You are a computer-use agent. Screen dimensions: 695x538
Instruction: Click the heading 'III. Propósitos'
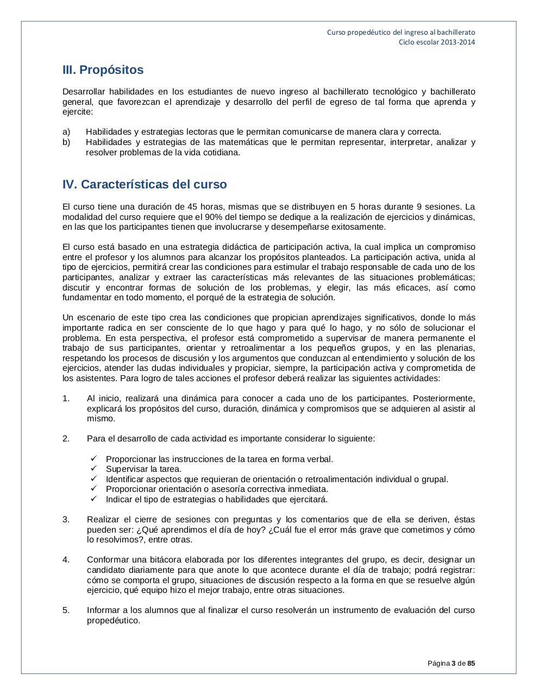pyautogui.click(x=103, y=70)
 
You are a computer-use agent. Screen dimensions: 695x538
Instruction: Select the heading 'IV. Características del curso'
pyautogui.click(x=145, y=185)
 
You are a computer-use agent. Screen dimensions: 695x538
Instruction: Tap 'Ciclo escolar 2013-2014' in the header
pyautogui.click(x=437, y=42)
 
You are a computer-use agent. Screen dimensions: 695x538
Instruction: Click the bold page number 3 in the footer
pyautogui.click(x=453, y=663)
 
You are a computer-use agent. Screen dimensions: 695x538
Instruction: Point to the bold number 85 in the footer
pyautogui.click(x=471, y=663)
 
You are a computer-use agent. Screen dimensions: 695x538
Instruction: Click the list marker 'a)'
pyautogui.click(x=66, y=132)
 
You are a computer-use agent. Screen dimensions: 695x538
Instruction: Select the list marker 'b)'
pyautogui.click(x=66, y=142)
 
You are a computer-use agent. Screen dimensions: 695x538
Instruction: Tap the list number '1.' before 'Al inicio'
pyautogui.click(x=66, y=399)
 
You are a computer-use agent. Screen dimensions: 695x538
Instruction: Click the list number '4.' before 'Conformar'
pyautogui.click(x=66, y=560)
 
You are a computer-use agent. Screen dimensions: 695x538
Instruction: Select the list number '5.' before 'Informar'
pyautogui.click(x=66, y=610)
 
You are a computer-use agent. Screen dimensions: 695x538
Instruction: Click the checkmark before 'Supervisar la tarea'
pyautogui.click(x=94, y=469)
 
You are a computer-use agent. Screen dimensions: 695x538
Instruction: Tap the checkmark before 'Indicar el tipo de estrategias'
pyautogui.click(x=94, y=499)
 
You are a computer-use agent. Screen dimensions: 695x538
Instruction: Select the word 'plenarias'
pyautogui.click(x=456, y=348)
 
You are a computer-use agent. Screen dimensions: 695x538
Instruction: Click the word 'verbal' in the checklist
pyautogui.click(x=319, y=459)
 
